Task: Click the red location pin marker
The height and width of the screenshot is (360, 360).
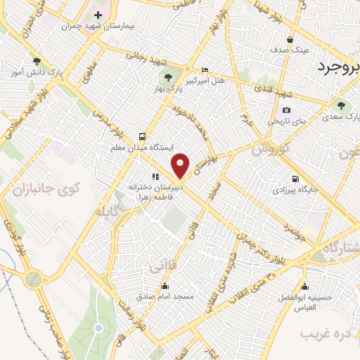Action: click(181, 165)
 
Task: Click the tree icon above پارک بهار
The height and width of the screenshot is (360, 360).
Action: click(167, 78)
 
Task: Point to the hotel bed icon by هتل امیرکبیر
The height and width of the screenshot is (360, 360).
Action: click(205, 70)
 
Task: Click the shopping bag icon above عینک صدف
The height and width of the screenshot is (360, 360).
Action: click(290, 39)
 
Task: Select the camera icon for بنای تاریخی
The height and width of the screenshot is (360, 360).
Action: click(286, 110)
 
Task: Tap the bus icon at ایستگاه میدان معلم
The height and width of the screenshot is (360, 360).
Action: click(143, 136)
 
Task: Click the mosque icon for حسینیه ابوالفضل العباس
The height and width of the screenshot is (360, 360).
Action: click(304, 286)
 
